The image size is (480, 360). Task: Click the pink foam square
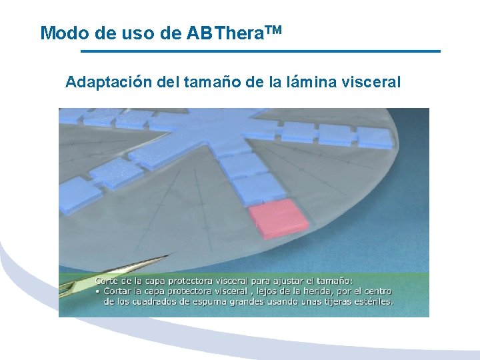coord(278,218)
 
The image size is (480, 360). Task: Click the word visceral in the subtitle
coord(371,83)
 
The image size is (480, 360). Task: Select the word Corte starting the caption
coord(108,281)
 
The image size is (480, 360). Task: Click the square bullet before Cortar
coord(97,292)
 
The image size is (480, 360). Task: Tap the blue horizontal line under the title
coord(260,51)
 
